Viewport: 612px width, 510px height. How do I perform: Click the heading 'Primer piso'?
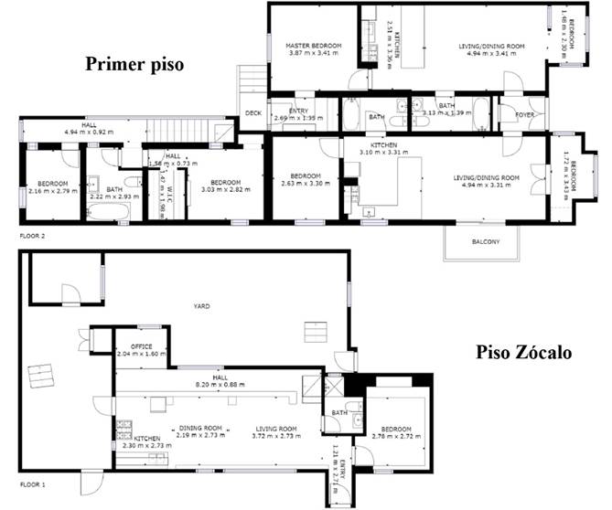click(134, 65)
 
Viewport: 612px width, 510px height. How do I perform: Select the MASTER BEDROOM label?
click(314, 45)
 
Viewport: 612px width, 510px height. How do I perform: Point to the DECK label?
click(253, 113)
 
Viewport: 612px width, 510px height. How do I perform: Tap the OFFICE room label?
click(141, 346)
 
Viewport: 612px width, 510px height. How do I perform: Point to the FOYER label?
click(524, 115)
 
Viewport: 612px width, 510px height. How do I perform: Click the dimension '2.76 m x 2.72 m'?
click(397, 436)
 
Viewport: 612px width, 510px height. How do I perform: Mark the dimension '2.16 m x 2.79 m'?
click(49, 191)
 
